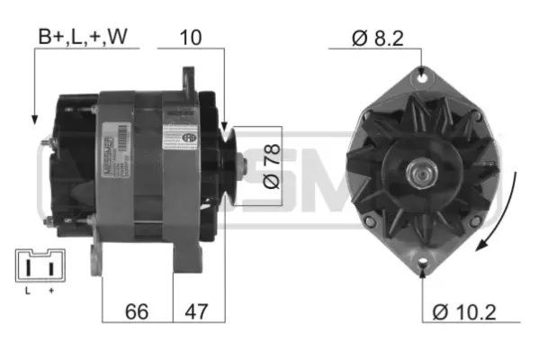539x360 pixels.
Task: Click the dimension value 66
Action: (x=137, y=311)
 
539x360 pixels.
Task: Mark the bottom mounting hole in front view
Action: (x=422, y=265)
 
